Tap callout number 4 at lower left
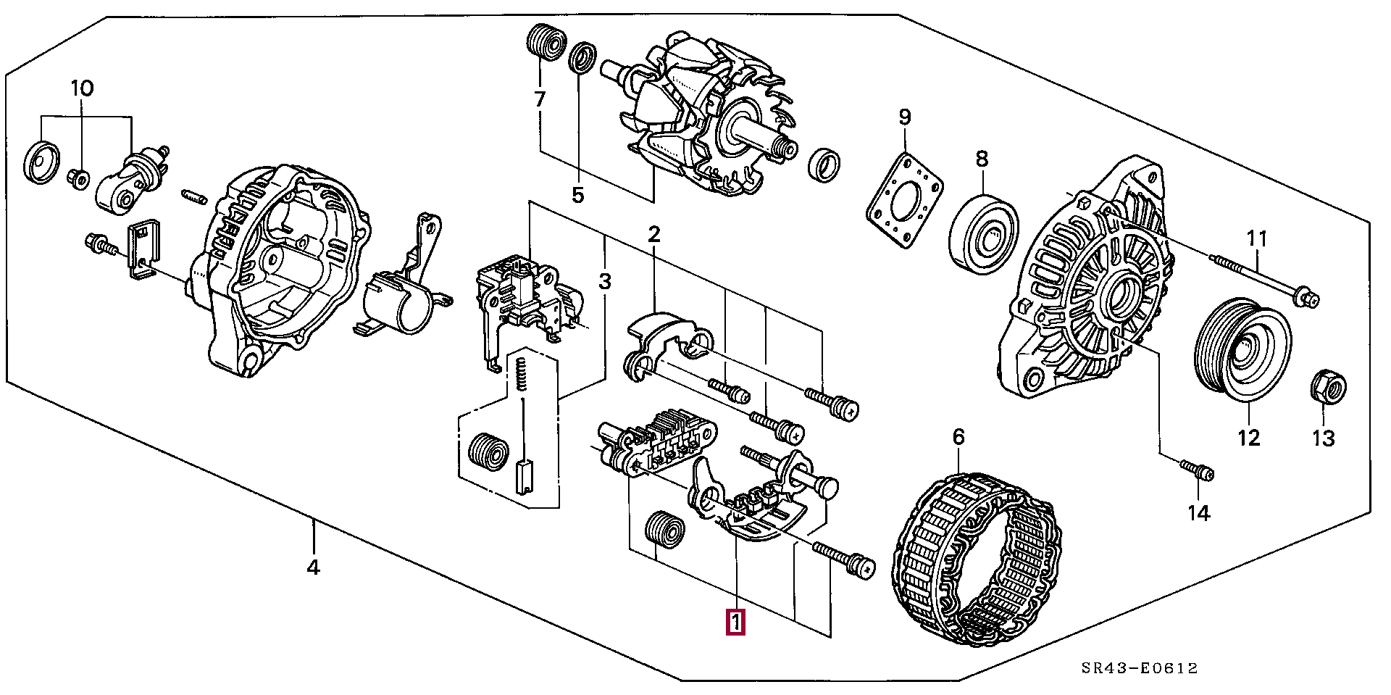(313, 567)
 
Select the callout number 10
(82, 89)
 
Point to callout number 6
(958, 437)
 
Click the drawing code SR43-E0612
(1140, 668)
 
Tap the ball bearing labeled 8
(983, 234)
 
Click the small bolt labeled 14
(1197, 470)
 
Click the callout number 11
(1257, 238)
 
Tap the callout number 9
(905, 117)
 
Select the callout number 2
(654, 235)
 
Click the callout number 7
(540, 99)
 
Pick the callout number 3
(605, 281)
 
